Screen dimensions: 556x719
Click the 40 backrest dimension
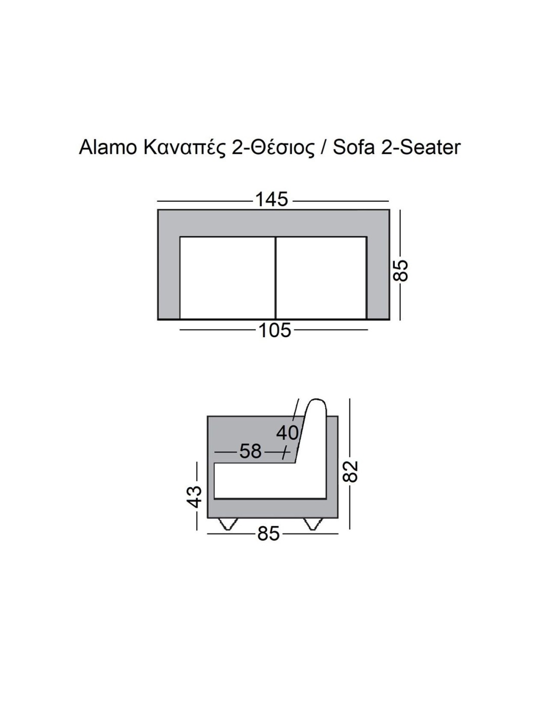click(287, 433)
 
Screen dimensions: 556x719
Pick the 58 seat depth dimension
click(250, 451)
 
